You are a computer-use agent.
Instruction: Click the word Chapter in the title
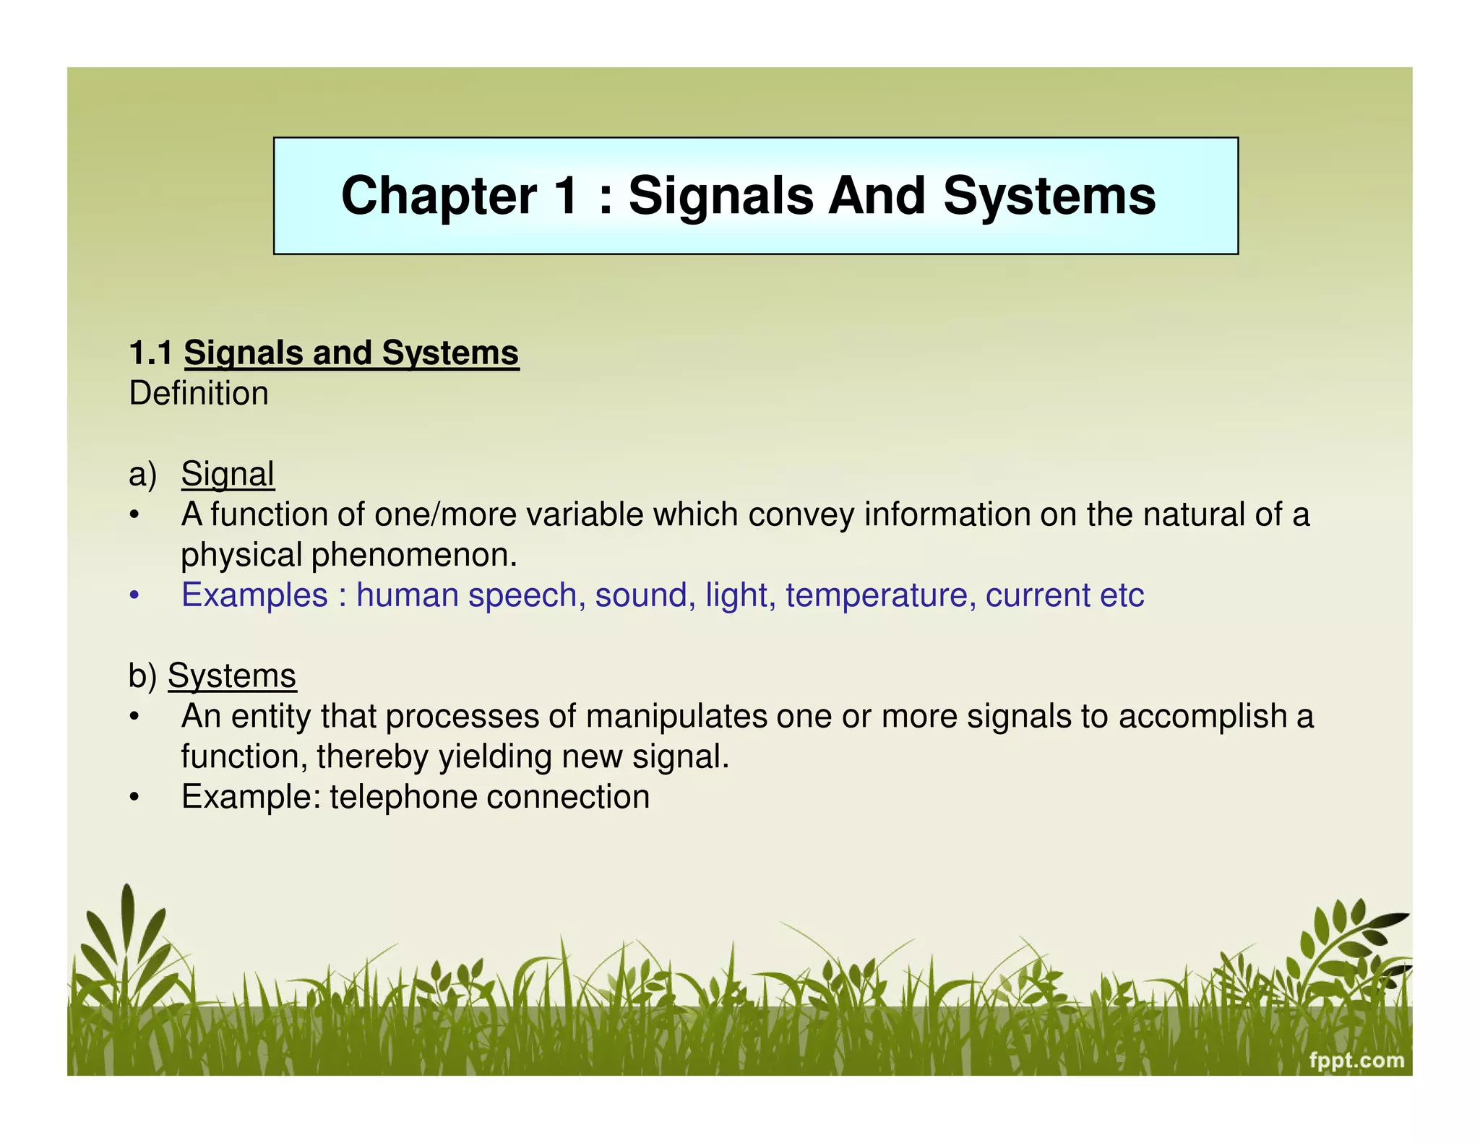click(439, 196)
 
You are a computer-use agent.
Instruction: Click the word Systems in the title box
click(1049, 196)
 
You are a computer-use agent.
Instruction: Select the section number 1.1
click(150, 353)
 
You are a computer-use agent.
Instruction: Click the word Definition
click(199, 394)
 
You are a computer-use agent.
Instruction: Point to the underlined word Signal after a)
click(228, 475)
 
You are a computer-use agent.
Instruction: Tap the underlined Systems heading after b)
click(232, 676)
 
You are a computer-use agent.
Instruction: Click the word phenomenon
click(414, 555)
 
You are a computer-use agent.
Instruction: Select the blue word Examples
click(254, 595)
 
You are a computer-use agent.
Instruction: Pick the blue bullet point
click(134, 596)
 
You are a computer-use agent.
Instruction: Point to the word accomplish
click(1202, 717)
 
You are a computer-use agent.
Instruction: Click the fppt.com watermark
click(1356, 1060)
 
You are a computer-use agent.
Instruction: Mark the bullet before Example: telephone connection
click(134, 798)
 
